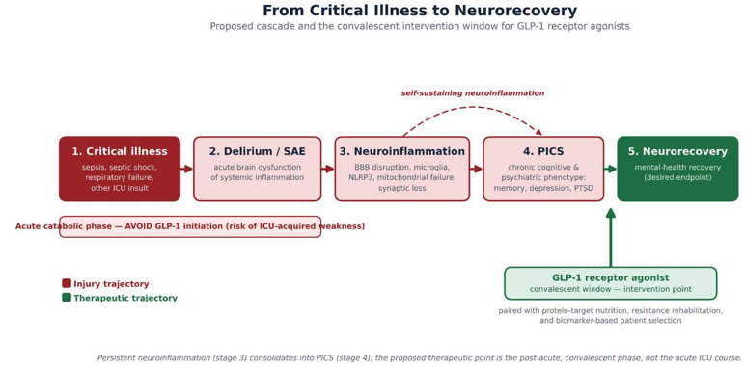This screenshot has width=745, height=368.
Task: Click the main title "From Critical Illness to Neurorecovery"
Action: pos(420,10)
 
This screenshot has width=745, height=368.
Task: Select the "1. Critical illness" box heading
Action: pos(120,151)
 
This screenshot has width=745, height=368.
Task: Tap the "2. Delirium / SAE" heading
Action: pos(257,151)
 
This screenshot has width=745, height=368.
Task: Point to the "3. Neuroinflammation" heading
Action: pos(402,151)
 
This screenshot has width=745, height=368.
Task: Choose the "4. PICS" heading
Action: pos(543,151)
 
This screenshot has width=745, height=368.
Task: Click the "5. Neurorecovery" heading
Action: pos(677,151)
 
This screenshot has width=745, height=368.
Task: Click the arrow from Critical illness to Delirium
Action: pos(186,169)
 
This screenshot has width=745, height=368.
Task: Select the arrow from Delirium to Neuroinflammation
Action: pos(328,169)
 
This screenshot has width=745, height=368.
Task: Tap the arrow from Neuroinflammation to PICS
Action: pos(477,169)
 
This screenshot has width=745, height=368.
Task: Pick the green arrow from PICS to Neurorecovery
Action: pos(611,169)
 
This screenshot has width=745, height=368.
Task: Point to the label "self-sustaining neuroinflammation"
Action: pos(473,92)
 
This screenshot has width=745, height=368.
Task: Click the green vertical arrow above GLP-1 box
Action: pos(611,237)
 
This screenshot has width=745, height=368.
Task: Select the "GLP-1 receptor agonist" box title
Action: pos(611,277)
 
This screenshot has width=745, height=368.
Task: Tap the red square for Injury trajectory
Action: pos(67,283)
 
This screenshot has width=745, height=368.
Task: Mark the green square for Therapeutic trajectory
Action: pos(67,298)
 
